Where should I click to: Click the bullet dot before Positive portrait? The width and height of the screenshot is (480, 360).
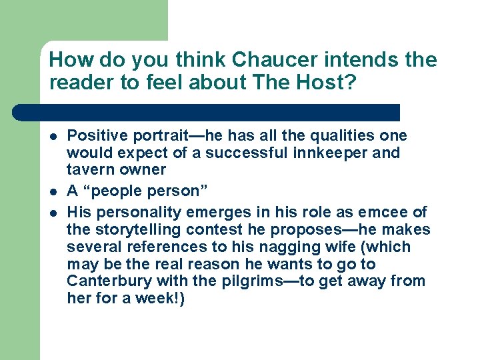pyautogui.click(x=52, y=137)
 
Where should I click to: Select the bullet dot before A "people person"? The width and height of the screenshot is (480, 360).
pyautogui.click(x=52, y=192)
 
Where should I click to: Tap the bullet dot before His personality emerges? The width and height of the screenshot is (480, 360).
pyautogui.click(x=52, y=213)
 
